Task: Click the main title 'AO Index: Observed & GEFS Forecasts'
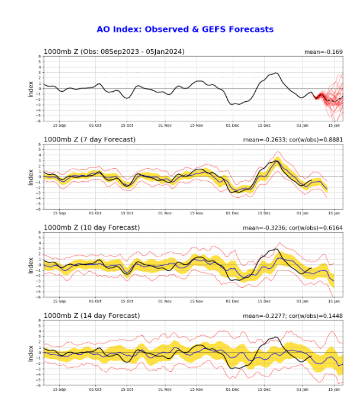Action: point(185,29)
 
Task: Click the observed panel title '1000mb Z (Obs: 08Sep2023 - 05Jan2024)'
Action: point(114,52)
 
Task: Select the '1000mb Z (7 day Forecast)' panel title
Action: point(89,139)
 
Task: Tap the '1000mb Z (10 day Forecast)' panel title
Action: point(91,227)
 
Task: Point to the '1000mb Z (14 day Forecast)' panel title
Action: point(91,316)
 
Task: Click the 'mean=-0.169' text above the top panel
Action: point(324,52)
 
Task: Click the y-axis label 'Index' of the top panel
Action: point(31,89)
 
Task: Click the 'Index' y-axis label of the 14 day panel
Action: point(31,353)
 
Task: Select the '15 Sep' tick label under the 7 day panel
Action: point(59,213)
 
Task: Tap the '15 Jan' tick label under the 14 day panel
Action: point(334,390)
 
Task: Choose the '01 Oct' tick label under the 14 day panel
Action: point(95,390)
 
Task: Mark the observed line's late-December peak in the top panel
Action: point(276,73)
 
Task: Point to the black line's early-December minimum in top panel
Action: point(233,104)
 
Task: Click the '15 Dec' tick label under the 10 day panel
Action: point(264,301)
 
